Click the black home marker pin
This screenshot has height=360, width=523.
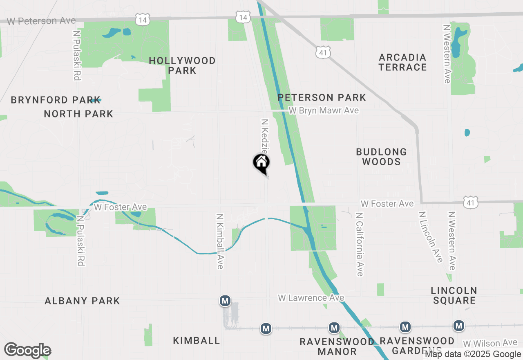point(261,163)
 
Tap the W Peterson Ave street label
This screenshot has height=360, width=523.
point(41,20)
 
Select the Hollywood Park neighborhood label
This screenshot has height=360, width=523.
point(182,65)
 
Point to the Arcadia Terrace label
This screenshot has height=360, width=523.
point(402,62)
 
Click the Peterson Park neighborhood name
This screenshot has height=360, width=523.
point(322,97)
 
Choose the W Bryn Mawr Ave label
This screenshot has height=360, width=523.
point(324,110)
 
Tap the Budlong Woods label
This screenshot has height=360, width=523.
point(381,157)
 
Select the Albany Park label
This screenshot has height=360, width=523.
point(82,301)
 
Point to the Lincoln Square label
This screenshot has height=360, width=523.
point(454,295)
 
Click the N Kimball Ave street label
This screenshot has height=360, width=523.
point(220,241)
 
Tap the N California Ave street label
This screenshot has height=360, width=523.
point(360,244)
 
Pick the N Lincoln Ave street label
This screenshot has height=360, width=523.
point(431,237)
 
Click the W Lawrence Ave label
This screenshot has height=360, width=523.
point(311,298)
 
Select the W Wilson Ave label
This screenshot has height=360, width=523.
point(490,343)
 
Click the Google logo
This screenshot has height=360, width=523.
point(27,350)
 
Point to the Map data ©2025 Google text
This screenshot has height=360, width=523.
point(473,354)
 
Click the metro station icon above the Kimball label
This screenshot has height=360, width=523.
point(225,301)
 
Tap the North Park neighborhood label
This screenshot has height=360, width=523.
point(78,114)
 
